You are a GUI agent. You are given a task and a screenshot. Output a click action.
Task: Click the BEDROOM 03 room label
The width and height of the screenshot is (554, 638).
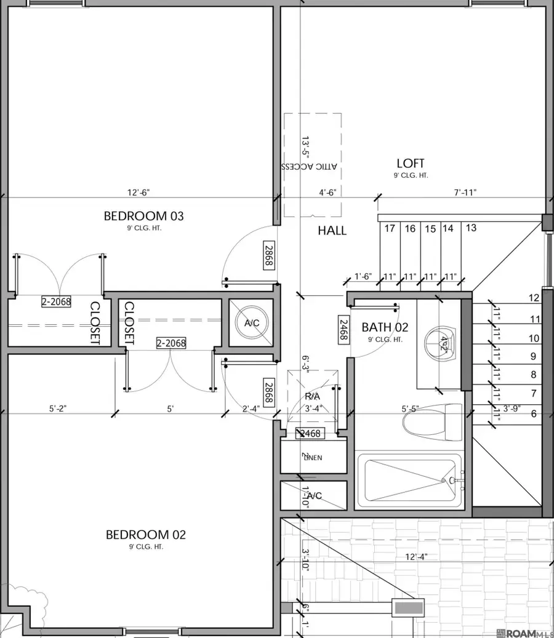pyautogui.click(x=143, y=216)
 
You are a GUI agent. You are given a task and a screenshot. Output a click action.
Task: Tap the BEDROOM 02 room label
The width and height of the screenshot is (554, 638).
pyautogui.click(x=145, y=535)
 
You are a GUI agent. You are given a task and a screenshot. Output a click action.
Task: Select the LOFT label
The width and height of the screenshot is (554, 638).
pyautogui.click(x=411, y=163)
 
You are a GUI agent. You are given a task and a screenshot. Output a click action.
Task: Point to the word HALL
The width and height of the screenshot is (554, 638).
pyautogui.click(x=332, y=231)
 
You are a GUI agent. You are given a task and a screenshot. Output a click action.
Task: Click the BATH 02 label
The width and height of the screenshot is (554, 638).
pyautogui.click(x=385, y=327)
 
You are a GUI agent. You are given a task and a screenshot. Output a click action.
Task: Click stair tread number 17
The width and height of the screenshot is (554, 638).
pyautogui.click(x=390, y=229)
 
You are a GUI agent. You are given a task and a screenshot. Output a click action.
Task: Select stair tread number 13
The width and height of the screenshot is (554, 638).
pyautogui.click(x=471, y=228)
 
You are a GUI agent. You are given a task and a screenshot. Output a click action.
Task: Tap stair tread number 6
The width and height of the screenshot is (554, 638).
pyautogui.click(x=533, y=414)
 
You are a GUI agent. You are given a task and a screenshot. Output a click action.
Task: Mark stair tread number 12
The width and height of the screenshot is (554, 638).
pyautogui.click(x=534, y=298)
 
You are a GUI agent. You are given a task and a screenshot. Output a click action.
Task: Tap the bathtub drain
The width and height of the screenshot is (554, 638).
pyautogui.click(x=452, y=480)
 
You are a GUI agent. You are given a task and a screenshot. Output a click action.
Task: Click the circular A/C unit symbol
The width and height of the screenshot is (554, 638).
pyautogui.click(x=252, y=322)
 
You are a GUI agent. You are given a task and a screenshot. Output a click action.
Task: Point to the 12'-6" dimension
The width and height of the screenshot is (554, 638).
pyautogui.click(x=138, y=193)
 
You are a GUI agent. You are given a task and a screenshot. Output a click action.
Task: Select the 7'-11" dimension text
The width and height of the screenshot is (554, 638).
pyautogui.click(x=464, y=193)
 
